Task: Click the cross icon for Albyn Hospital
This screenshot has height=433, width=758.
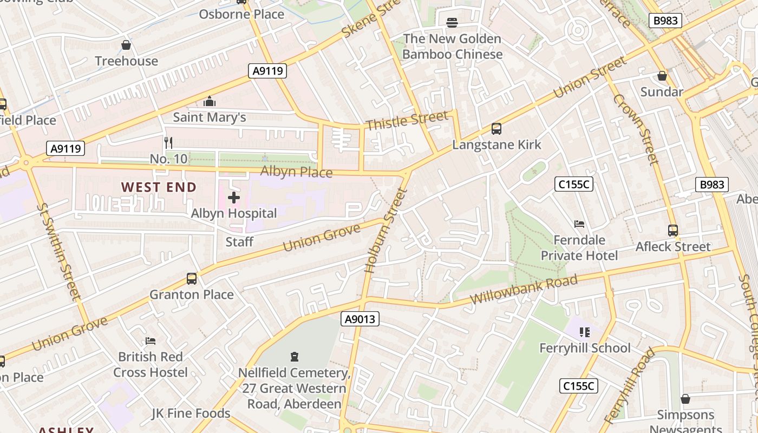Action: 234,198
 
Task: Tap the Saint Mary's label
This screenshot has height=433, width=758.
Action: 210,117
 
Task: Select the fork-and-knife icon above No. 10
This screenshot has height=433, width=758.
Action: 168,143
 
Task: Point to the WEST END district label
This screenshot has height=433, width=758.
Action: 159,187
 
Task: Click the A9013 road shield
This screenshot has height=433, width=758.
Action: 360,319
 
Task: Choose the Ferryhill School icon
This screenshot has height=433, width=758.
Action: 584,332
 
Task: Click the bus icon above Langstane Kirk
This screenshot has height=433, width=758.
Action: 496,129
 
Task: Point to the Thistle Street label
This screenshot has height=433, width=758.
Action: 407,121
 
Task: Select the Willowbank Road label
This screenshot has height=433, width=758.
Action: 524,290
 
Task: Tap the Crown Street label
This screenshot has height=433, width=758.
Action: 636,129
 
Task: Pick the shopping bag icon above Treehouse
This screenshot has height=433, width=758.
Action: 126,45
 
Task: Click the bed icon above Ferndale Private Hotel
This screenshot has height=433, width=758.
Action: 579,224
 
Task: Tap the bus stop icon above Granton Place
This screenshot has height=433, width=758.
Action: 192,279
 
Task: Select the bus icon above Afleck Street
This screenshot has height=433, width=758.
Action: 673,231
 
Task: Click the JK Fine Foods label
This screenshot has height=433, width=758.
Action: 191,414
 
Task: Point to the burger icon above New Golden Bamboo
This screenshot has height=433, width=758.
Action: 452,22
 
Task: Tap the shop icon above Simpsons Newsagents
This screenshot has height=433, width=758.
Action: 685,399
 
